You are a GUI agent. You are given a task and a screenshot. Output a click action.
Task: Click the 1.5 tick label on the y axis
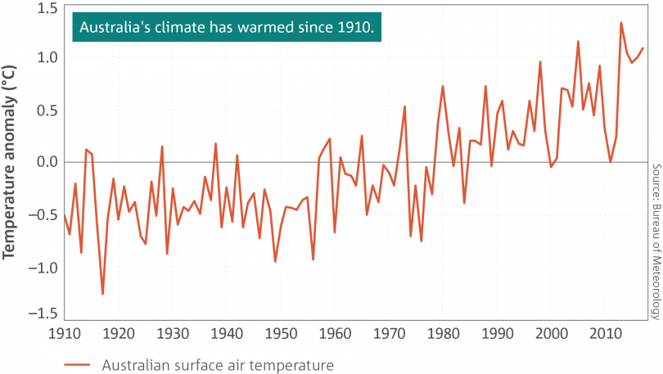click(48, 9)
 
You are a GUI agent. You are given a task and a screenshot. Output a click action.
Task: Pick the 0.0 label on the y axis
click(48, 162)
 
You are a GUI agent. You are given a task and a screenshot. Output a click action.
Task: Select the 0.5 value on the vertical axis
click(48, 110)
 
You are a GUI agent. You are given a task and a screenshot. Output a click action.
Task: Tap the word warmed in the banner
click(267, 28)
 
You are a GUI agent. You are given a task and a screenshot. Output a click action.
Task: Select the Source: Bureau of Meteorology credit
click(656, 241)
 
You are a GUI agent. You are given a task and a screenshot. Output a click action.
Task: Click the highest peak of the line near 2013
click(621, 23)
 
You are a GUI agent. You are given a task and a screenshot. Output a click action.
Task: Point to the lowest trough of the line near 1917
click(102, 294)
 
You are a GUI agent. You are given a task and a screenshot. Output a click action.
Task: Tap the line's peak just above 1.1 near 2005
click(578, 41)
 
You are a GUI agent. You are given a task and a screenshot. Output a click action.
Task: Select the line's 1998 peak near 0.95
click(540, 61)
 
